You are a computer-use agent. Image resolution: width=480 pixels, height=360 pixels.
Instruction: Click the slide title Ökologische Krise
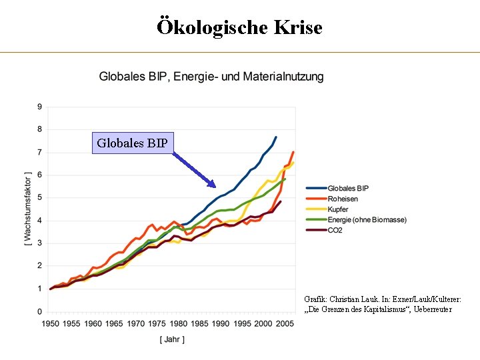239,27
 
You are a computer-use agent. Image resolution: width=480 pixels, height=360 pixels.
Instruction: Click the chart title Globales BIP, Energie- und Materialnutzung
211,77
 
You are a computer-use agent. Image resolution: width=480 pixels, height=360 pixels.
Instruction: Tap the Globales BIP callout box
132,143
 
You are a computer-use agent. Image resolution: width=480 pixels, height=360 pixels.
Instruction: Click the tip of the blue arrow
215,187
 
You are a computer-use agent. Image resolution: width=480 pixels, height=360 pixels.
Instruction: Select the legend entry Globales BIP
348,188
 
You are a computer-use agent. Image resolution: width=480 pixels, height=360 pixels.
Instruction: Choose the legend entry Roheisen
343,199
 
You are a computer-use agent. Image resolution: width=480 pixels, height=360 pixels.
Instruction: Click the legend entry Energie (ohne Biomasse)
367,220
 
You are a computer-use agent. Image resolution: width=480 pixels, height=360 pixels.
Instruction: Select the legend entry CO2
335,231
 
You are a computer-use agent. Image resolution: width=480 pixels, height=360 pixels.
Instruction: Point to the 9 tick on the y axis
39,107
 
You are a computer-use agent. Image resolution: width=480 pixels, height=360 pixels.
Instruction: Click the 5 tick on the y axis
39,198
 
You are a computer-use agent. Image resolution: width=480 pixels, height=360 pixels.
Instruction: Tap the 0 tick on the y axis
39,311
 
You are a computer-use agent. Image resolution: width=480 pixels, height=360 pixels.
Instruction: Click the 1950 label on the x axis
50,324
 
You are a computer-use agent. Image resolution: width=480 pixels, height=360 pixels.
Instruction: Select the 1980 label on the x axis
178,324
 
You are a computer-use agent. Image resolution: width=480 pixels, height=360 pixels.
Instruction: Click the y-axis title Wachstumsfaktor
27,208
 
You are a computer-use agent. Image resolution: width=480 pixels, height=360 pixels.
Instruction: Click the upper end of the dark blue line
276,137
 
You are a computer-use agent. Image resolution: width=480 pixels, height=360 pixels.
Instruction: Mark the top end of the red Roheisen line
293,152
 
